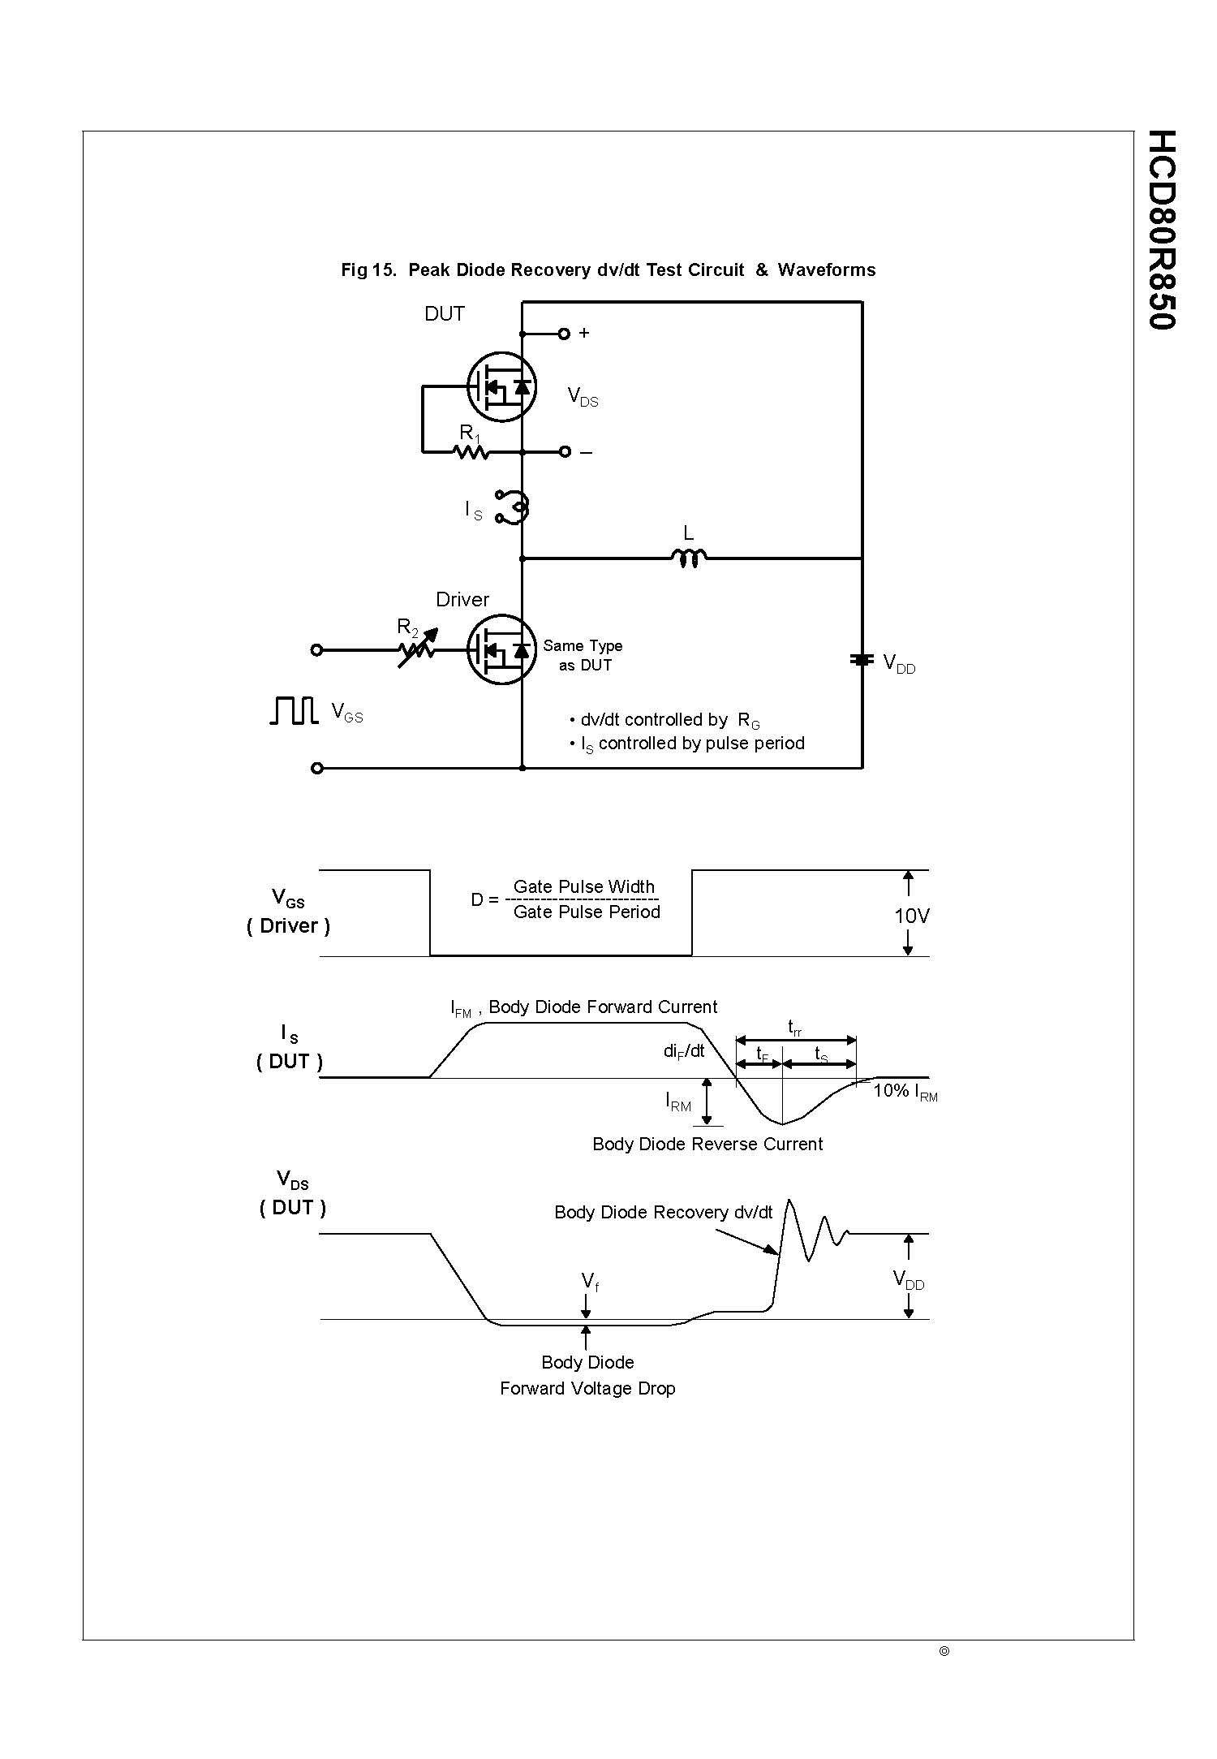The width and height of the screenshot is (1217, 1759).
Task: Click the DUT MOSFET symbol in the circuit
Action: point(501,386)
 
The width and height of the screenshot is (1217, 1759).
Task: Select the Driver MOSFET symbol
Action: point(501,649)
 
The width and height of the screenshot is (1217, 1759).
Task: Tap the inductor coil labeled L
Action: point(689,558)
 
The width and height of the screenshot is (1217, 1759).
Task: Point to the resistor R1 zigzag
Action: point(471,451)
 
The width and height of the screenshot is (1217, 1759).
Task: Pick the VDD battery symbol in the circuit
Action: point(861,660)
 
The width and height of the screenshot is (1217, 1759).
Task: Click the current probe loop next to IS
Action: point(513,507)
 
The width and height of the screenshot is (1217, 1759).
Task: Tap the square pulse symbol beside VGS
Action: point(293,710)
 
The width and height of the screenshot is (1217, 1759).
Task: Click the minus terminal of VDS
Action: point(565,452)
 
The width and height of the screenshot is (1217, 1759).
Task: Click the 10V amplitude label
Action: point(911,916)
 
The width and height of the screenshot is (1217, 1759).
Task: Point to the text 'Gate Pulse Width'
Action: point(583,886)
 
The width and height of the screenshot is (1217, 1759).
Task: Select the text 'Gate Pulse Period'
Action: point(587,912)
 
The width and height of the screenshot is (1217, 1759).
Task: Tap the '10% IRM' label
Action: point(905,1091)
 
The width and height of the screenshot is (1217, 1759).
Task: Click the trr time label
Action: point(795,1028)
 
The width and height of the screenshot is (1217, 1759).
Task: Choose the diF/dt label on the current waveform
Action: point(684,1051)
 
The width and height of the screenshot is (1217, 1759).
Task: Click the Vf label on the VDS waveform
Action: point(590,1282)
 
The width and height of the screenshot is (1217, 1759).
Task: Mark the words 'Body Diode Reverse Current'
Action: point(707,1144)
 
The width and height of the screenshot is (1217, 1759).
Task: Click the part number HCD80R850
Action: point(1162,230)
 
